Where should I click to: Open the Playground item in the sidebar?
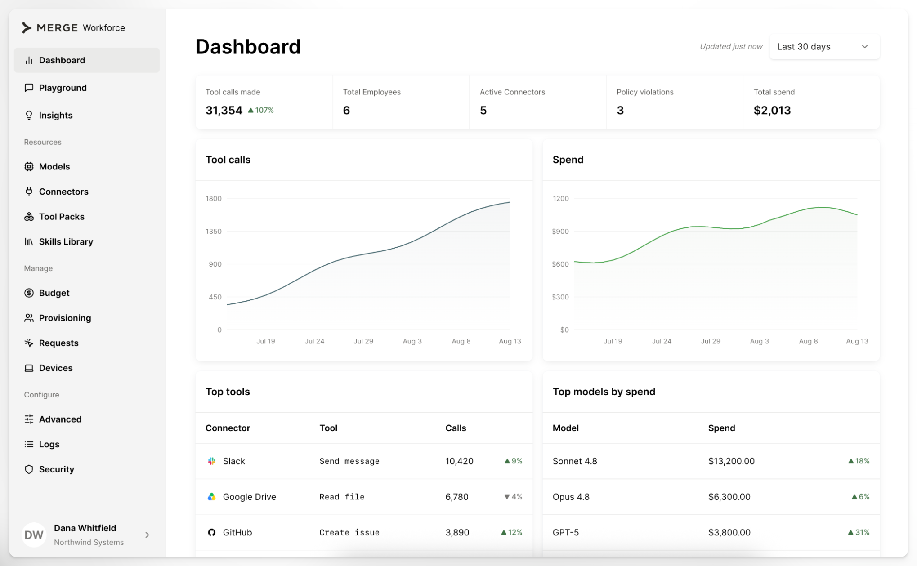(63, 88)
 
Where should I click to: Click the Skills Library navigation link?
(66, 241)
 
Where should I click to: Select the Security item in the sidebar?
(56, 469)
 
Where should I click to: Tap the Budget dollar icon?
(29, 293)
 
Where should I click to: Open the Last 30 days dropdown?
(824, 47)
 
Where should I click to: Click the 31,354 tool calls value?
(224, 110)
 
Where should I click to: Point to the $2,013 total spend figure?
(772, 110)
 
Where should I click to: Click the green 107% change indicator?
(261, 110)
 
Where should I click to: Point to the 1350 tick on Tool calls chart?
(214, 231)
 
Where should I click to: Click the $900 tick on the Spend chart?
(560, 231)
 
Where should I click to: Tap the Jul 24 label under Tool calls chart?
(314, 341)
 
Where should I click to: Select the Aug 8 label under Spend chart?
(808, 341)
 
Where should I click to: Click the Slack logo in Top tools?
(211, 461)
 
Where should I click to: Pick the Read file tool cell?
(342, 497)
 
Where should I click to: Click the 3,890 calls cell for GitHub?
(457, 532)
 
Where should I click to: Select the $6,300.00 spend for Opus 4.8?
(729, 497)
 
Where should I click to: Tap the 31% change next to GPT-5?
(859, 532)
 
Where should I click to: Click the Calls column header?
(456, 428)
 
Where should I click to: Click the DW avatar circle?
(34, 535)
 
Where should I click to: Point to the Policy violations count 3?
(620, 110)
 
